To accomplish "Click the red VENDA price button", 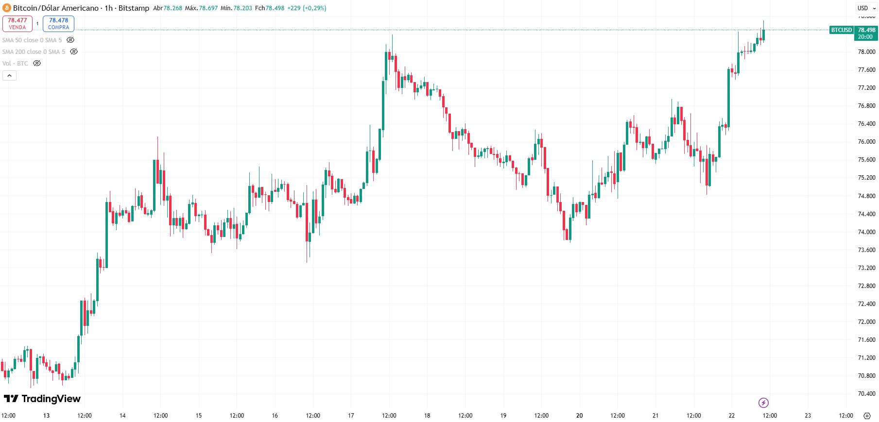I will click(17, 23).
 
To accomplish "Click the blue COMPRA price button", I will click(58, 23).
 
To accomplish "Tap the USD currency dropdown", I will click(866, 8).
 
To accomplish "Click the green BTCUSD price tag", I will click(842, 30).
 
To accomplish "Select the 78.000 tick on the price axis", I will click(866, 52).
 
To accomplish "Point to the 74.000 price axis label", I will click(866, 232).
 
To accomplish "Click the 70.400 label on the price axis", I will click(866, 394).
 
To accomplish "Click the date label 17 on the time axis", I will click(351, 416).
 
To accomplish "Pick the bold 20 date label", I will click(579, 416).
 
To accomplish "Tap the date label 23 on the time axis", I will click(808, 416).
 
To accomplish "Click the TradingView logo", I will click(42, 399).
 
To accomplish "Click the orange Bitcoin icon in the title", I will click(7, 8).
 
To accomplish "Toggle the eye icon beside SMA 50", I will click(70, 40).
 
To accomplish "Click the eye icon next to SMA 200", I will click(74, 51).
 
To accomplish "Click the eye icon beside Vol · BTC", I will click(37, 63).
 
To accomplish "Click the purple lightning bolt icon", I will click(763, 403).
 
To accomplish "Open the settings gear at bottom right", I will click(867, 416).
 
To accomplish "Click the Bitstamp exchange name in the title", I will click(134, 8).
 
